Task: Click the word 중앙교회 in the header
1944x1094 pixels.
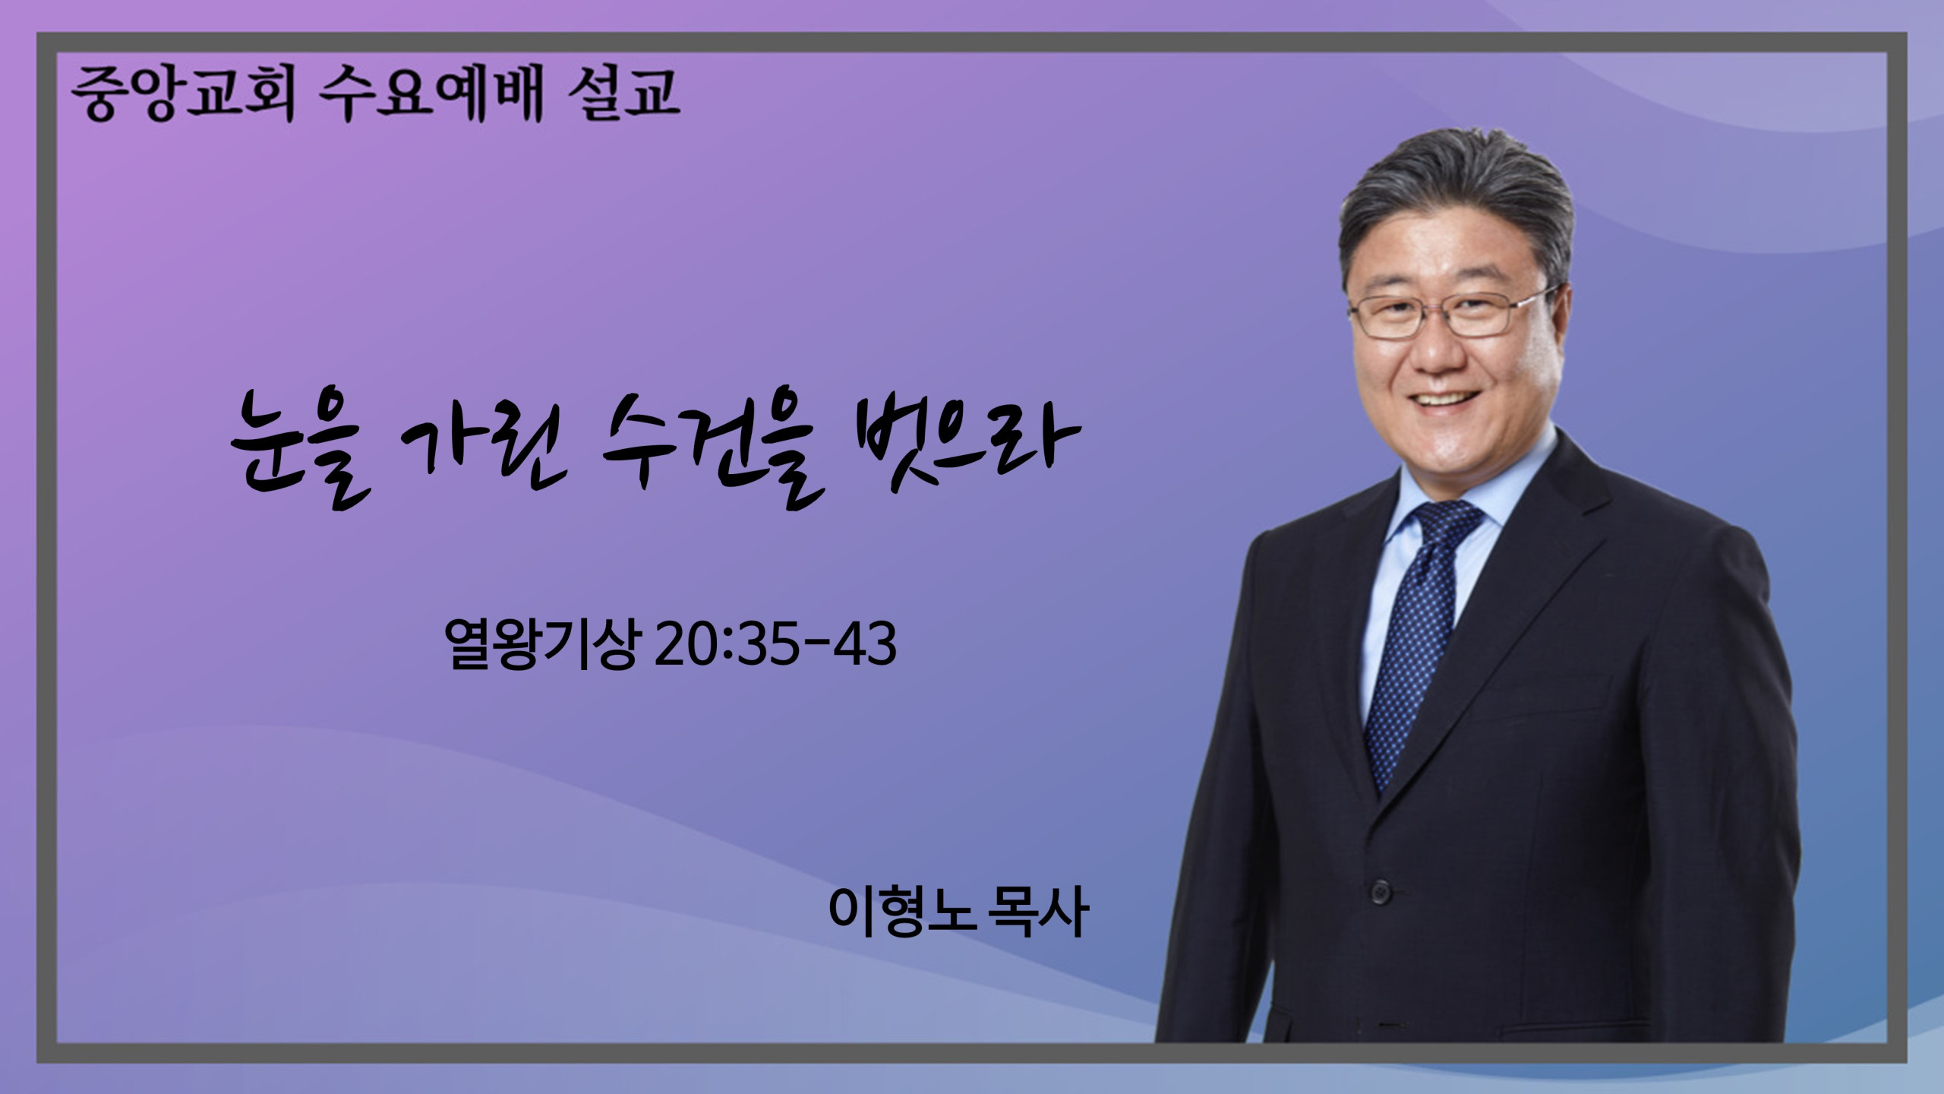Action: (182, 94)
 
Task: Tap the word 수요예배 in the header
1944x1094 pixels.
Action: (431, 94)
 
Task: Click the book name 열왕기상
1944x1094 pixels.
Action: (541, 644)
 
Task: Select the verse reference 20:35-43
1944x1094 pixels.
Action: (775, 644)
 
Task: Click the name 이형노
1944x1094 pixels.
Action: (901, 911)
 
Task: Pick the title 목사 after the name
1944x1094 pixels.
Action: (1037, 911)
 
